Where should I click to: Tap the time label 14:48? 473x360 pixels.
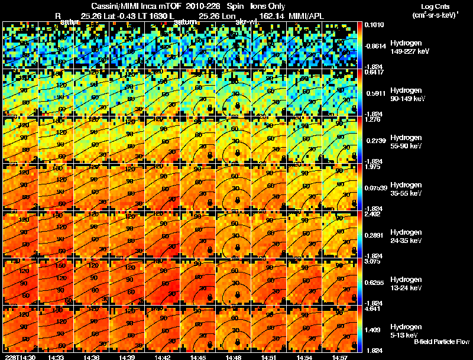click(234, 357)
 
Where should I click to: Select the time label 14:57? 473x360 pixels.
click(340, 357)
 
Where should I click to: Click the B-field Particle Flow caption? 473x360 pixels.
click(441, 342)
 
